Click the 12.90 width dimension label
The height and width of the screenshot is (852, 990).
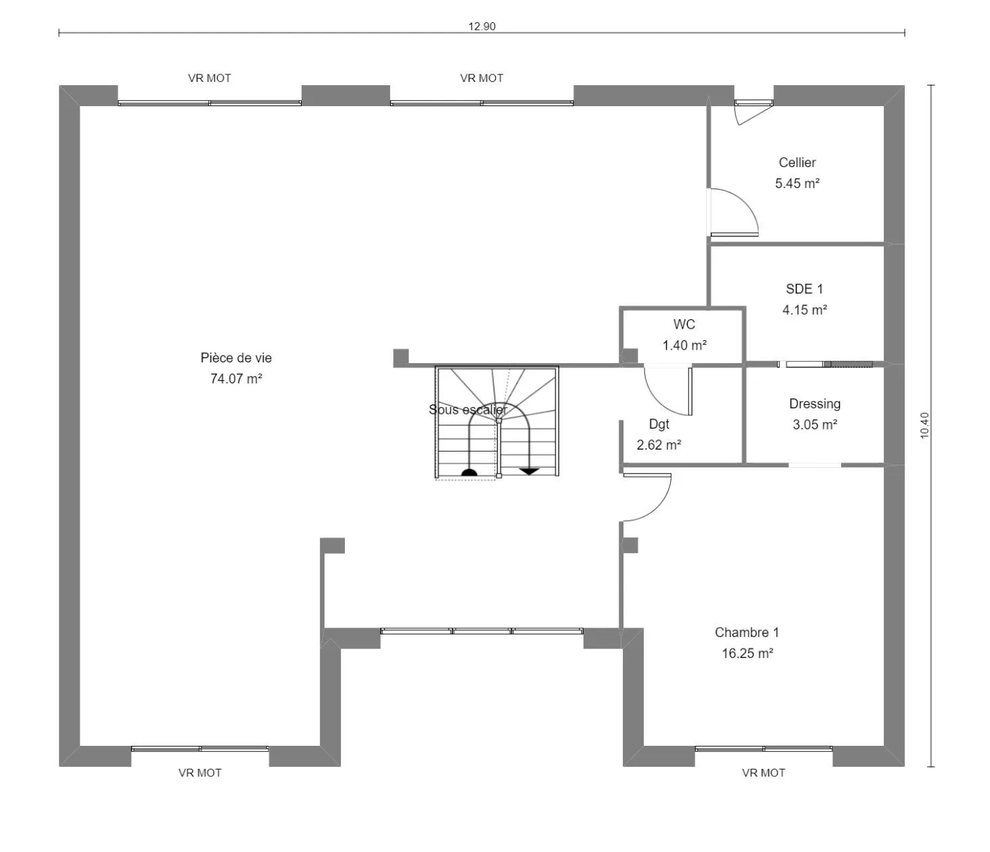pos(481,26)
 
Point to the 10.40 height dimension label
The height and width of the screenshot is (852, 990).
pos(924,426)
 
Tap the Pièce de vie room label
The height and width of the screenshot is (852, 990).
pos(236,358)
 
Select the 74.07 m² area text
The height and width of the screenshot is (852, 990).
pos(236,379)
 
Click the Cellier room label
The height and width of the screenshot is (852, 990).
pos(797,162)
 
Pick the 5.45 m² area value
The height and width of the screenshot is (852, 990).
pos(797,183)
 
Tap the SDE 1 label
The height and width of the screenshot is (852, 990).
pos(804,289)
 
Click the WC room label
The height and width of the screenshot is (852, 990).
pos(684,324)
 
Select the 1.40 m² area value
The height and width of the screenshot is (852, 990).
pos(684,346)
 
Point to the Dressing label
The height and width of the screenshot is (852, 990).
pos(815,404)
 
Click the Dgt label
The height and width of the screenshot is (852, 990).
pos(659,424)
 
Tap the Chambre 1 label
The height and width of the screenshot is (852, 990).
pos(747,632)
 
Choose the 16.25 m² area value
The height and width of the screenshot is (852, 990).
pos(747,653)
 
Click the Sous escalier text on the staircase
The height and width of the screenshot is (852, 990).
pos(468,410)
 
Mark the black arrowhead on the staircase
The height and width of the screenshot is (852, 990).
pos(529,471)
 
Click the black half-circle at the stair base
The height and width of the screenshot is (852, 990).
pos(469,472)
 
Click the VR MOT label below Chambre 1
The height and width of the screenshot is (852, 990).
pos(763,773)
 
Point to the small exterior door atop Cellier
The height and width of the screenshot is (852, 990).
pos(754,111)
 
